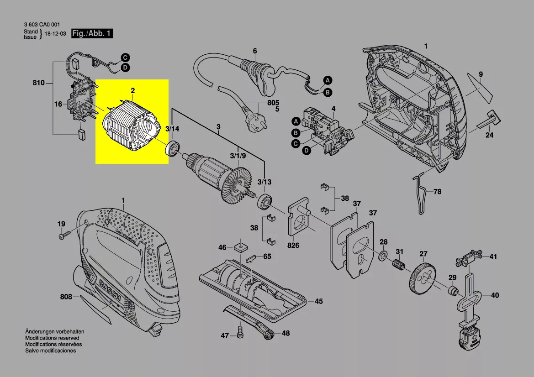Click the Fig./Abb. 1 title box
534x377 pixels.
tap(91, 34)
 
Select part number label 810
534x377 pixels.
tap(39, 83)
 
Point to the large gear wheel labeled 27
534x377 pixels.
tap(422, 276)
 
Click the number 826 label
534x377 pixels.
tap(293, 246)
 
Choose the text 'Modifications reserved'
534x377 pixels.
tap(52, 338)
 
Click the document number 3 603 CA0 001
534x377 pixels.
tap(42, 25)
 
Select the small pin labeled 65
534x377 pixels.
tap(252, 257)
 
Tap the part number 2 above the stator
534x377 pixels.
tap(132, 91)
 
